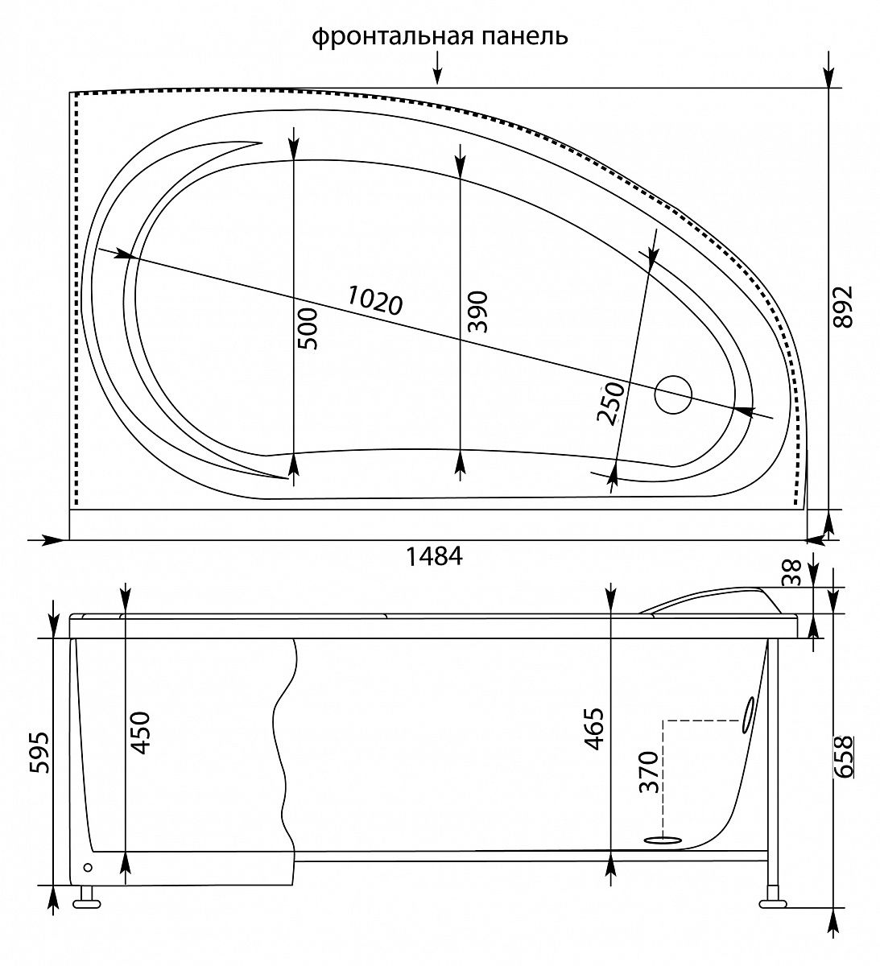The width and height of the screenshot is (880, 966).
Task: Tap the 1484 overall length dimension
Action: [434, 556]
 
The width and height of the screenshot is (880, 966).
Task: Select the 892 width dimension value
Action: [844, 307]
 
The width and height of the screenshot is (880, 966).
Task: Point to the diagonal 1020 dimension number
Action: [374, 300]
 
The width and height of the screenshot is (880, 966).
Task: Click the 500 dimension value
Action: [307, 328]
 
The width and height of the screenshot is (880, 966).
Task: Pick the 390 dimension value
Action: [477, 312]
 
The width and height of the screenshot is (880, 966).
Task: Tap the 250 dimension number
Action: [610, 403]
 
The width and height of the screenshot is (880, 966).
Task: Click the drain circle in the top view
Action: [673, 394]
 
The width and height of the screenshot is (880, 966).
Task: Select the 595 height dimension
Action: [39, 753]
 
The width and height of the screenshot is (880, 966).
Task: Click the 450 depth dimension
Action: [140, 733]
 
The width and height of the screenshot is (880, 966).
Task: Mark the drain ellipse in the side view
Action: [663, 840]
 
